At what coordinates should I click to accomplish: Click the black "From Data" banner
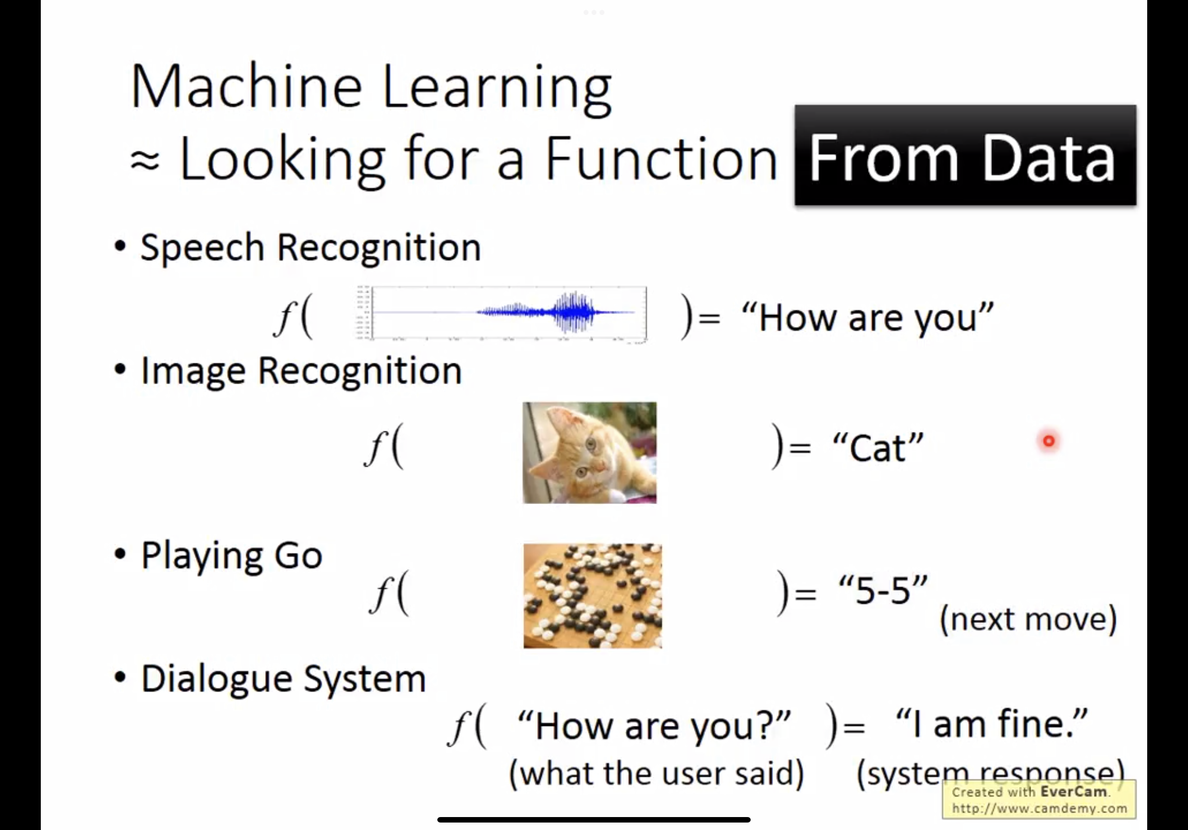point(966,155)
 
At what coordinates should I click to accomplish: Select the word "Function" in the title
point(662,158)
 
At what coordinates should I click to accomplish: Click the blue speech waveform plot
point(502,313)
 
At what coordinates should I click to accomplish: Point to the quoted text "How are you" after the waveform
point(868,316)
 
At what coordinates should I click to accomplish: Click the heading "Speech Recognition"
point(311,248)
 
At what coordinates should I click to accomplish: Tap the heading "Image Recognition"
point(301,371)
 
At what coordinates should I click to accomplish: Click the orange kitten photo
point(590,453)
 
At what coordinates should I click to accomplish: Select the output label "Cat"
point(878,447)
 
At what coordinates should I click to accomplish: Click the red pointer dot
point(1049,441)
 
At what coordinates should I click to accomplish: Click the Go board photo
point(593,596)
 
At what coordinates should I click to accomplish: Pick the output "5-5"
point(883,589)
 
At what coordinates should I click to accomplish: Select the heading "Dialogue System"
point(284,679)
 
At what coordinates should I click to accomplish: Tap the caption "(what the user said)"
point(657,774)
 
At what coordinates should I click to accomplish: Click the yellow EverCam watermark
point(1039,800)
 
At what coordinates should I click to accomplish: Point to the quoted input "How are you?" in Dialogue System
point(655,726)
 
